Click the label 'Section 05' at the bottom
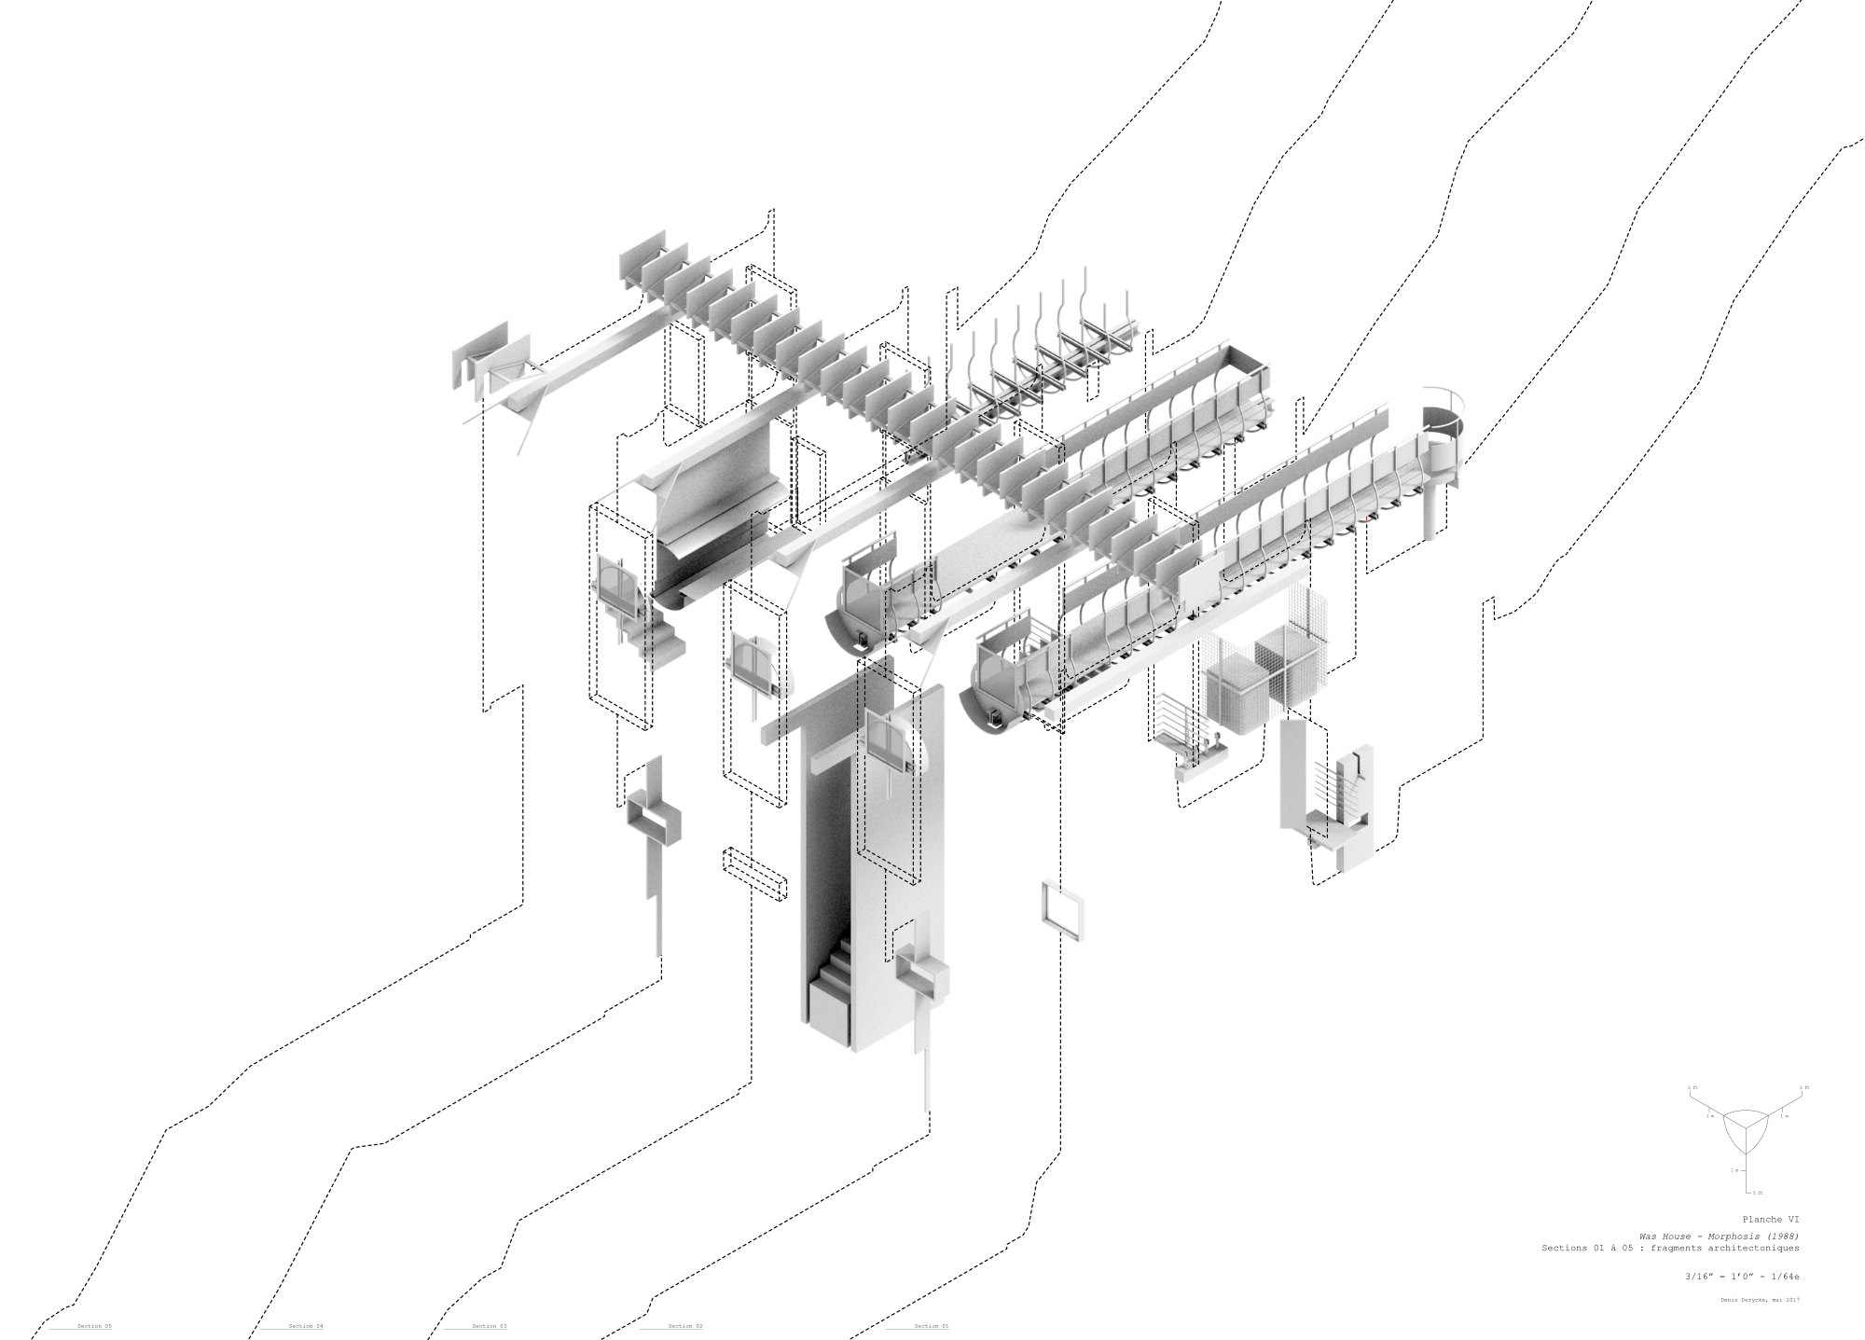pos(94,1326)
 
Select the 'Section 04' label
pos(306,1326)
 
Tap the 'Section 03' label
pos(490,1326)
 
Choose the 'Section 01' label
pos(931,1326)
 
